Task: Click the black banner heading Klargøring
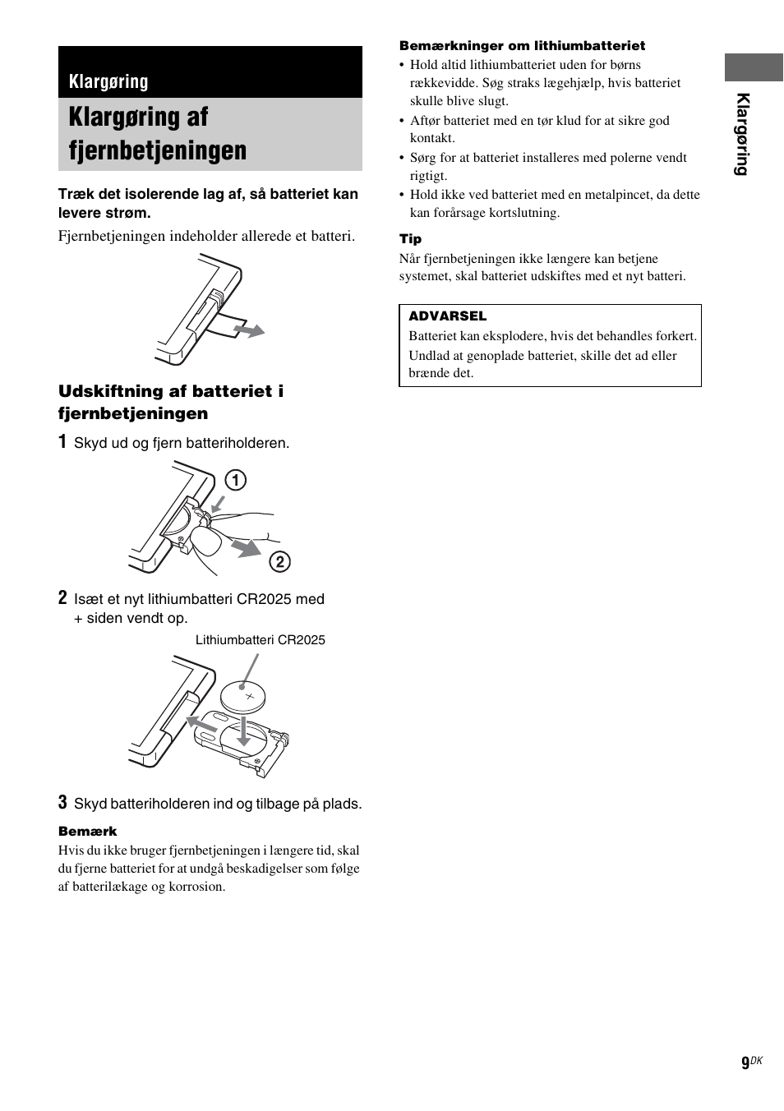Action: coord(108,81)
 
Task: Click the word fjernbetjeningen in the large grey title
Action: coord(157,150)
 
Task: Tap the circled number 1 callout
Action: coord(235,480)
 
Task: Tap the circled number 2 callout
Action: coord(279,561)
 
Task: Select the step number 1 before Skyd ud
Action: coord(62,442)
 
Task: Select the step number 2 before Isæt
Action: coord(62,597)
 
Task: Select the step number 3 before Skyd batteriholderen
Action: coord(62,802)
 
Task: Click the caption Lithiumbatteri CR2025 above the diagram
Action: coord(260,640)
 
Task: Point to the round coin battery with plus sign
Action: coord(244,698)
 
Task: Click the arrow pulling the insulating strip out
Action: coord(248,330)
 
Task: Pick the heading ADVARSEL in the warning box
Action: coord(447,316)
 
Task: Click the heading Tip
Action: coord(410,239)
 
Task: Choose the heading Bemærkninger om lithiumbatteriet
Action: coord(522,46)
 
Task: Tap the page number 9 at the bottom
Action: coord(745,1063)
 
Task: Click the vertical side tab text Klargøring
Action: coord(743,134)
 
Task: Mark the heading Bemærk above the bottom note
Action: coord(87,832)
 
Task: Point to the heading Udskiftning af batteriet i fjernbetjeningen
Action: coord(170,402)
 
